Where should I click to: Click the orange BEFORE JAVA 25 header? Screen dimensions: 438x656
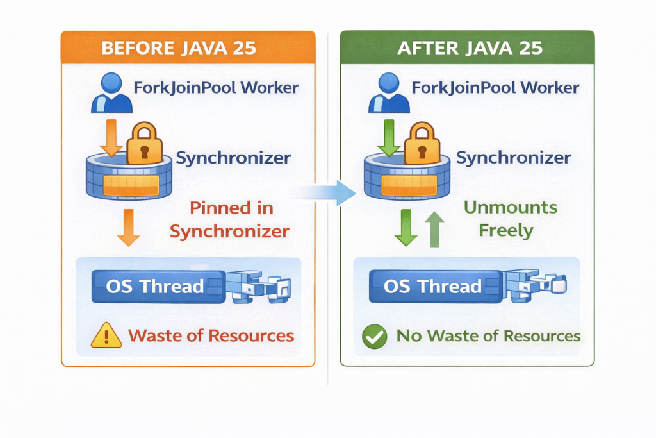188,47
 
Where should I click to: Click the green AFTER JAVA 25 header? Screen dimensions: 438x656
466,47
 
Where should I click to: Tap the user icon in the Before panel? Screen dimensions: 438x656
111,93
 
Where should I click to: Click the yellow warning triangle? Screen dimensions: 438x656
106,335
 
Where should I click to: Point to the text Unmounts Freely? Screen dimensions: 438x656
510,219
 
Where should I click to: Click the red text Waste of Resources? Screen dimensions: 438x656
211,335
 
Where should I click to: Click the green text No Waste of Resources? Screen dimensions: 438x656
488,335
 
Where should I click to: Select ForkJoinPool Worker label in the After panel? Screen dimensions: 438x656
495,88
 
